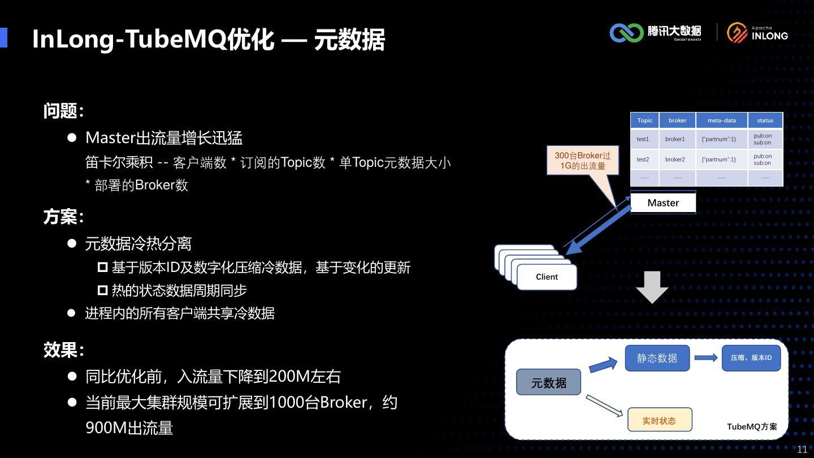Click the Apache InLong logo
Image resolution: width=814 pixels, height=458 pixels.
(x=757, y=33)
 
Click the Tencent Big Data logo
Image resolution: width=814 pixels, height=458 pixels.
(x=655, y=33)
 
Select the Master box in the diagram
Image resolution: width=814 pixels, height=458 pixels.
(x=663, y=203)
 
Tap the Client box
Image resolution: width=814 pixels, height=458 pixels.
(x=547, y=277)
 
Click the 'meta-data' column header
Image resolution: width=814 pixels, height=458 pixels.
(x=721, y=120)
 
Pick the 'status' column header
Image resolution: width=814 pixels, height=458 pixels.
(x=765, y=120)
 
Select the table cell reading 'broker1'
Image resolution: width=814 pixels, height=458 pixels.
(x=675, y=139)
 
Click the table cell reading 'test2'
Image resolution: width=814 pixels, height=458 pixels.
(x=643, y=159)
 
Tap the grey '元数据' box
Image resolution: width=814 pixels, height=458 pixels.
(x=549, y=383)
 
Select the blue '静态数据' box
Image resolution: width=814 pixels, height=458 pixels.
(x=657, y=358)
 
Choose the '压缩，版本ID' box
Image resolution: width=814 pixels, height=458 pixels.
(x=751, y=358)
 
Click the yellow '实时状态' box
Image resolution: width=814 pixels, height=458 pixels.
(x=659, y=421)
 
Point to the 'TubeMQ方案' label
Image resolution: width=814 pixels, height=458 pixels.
(x=752, y=426)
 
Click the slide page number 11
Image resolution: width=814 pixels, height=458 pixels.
(x=802, y=450)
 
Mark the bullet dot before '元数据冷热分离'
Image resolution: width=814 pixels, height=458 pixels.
(x=72, y=243)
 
